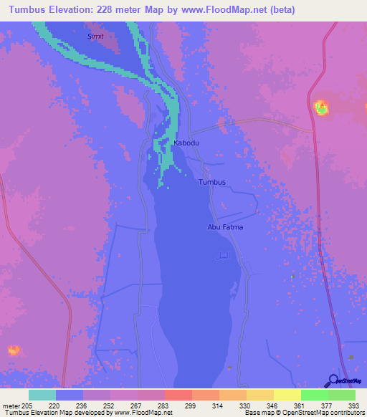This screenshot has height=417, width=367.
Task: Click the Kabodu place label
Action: tap(186, 143)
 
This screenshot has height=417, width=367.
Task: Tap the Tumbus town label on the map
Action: tap(211, 182)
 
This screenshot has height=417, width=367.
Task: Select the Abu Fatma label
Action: tap(226, 227)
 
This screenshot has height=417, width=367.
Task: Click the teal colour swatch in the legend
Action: tap(42, 395)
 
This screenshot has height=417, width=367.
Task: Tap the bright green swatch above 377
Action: tap(315, 395)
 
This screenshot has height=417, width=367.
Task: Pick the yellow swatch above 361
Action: tap(287, 395)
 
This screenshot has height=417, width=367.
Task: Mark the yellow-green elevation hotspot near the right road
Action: tap(322, 108)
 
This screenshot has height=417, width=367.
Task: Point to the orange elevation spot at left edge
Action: tap(13, 350)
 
